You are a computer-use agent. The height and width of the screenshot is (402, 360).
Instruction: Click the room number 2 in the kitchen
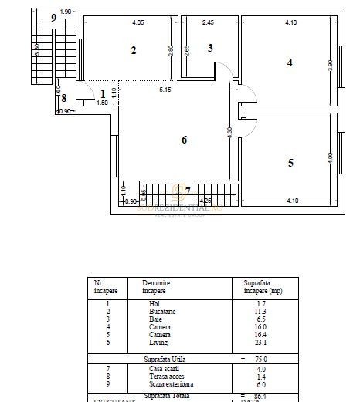pyautogui.click(x=134, y=51)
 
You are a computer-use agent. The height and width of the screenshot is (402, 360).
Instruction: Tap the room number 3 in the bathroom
pyautogui.click(x=210, y=48)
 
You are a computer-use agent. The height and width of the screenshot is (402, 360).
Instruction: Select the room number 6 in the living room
pyautogui.click(x=183, y=140)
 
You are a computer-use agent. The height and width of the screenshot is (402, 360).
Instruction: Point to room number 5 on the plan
pyautogui.click(x=290, y=163)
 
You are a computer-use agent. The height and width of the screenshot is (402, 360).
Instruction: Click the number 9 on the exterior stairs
pyautogui.click(x=53, y=17)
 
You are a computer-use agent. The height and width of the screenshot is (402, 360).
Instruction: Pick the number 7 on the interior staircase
pyautogui.click(x=188, y=190)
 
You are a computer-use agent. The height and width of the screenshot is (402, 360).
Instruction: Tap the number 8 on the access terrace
pyautogui.click(x=64, y=98)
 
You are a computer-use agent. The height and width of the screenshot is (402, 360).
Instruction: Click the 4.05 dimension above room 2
pyautogui.click(x=139, y=22)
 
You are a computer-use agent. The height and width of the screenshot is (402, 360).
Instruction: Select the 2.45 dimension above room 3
pyautogui.click(x=208, y=22)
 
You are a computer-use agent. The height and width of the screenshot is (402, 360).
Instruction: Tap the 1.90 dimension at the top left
pyautogui.click(x=66, y=12)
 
